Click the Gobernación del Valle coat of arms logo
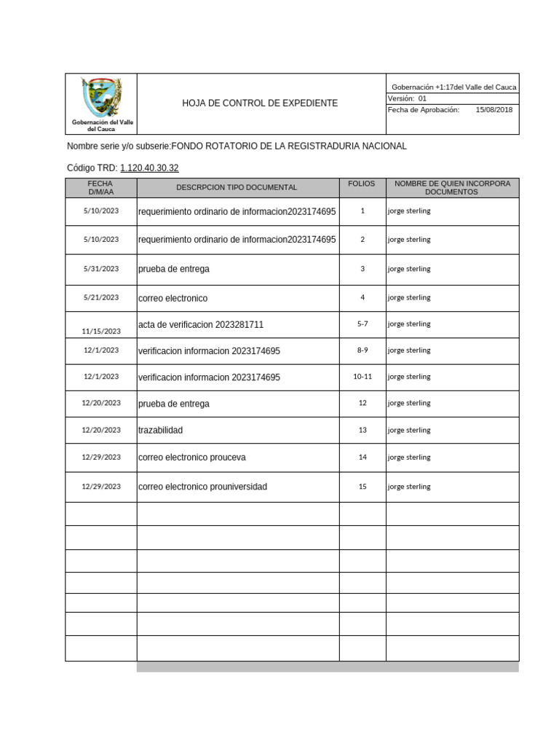[101, 98]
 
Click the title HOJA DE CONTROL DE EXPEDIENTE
[260, 103]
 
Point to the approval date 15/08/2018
[493, 109]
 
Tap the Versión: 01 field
[408, 98]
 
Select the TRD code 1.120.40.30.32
[149, 168]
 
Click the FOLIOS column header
[362, 184]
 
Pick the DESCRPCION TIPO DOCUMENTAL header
[237, 187]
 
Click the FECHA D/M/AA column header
[100, 187]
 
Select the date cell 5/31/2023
[100, 269]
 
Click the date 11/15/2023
[100, 331]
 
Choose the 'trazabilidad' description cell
[160, 431]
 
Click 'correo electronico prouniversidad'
[202, 487]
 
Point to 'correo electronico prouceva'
[192, 458]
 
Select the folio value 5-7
[362, 323]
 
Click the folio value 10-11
[362, 377]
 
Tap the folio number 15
[362, 487]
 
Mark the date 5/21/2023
[100, 297]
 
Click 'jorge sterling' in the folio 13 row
[409, 431]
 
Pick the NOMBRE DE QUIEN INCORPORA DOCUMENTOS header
[452, 187]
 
